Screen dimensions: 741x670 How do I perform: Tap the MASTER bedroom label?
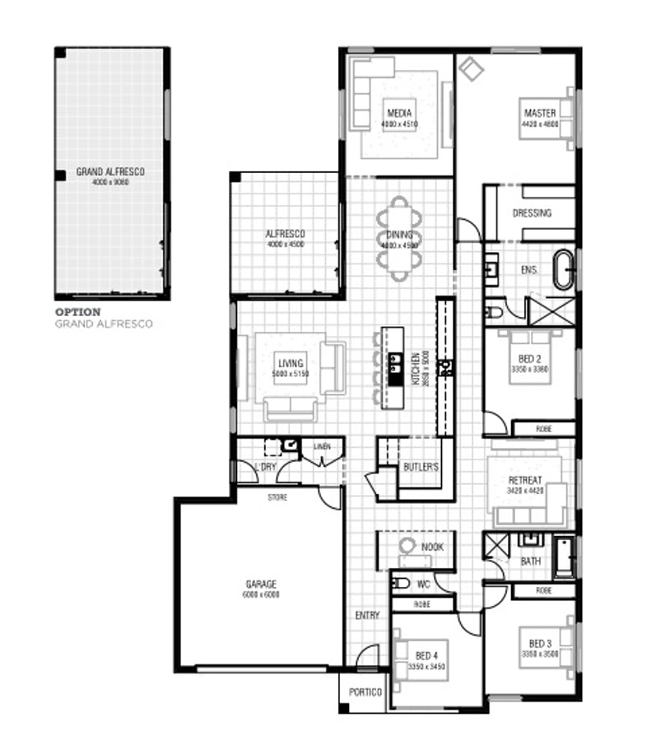(x=539, y=113)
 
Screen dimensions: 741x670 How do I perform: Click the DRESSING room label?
(x=532, y=213)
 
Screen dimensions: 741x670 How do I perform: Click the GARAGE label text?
(x=260, y=584)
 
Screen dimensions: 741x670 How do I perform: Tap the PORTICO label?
(x=365, y=692)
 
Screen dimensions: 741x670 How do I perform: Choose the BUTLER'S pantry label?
(x=421, y=468)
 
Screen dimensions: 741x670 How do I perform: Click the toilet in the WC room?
(x=401, y=584)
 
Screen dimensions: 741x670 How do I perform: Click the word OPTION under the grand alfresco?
(x=77, y=312)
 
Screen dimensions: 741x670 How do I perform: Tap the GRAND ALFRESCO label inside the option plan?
(x=110, y=172)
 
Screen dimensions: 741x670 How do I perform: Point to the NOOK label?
(x=432, y=547)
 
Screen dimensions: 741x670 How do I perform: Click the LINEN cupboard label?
(x=322, y=447)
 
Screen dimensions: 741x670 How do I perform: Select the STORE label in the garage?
(x=277, y=497)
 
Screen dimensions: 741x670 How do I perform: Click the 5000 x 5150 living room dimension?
(x=289, y=374)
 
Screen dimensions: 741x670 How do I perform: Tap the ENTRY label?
(x=366, y=615)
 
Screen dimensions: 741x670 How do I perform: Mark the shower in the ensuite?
(x=550, y=310)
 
